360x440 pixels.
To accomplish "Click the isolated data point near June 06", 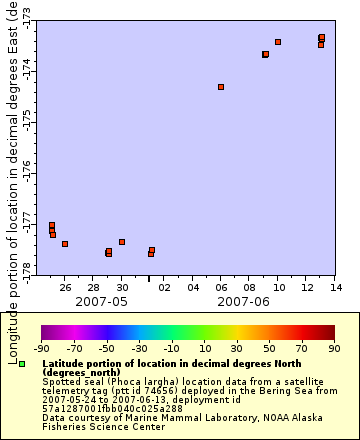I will click(221, 87).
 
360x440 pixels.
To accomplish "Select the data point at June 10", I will click(278, 42).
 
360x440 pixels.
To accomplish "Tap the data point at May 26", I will click(65, 244).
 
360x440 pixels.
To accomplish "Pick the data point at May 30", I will click(122, 242).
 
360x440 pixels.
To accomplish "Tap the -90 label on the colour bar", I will click(41, 349).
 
